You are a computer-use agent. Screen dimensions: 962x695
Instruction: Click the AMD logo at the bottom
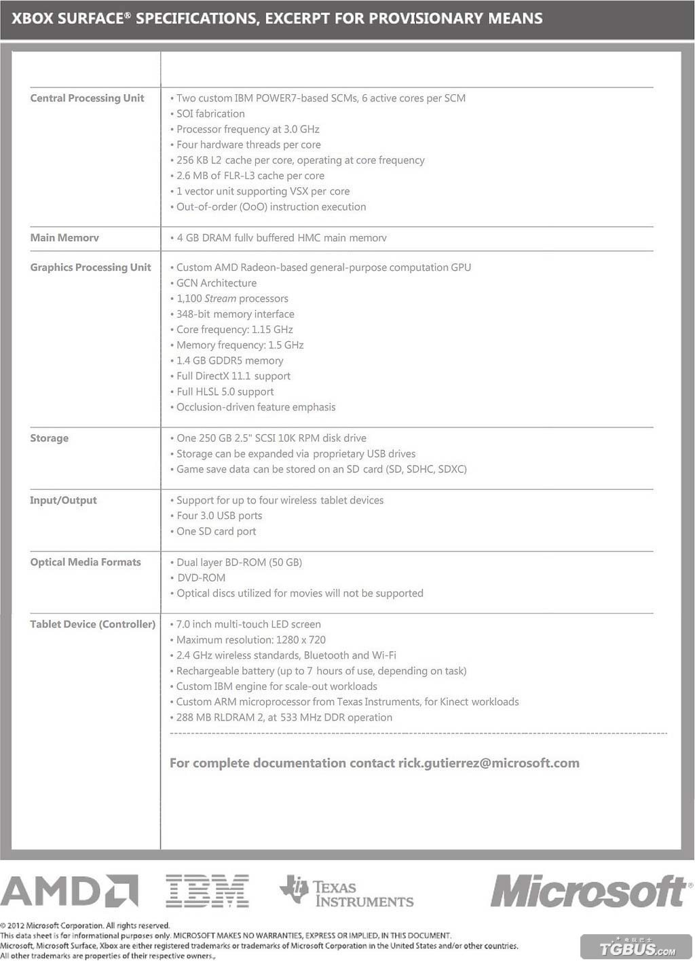point(70,891)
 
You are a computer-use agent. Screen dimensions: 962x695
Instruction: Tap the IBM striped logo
point(207,891)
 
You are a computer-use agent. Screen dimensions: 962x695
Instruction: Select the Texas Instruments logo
point(347,893)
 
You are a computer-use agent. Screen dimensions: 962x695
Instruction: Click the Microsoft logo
point(588,891)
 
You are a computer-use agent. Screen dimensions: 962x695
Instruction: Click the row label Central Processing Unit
point(87,98)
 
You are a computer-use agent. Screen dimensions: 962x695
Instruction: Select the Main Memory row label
point(64,237)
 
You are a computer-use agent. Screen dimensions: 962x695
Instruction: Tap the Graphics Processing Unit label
point(90,267)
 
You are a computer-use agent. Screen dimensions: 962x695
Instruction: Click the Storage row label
point(49,438)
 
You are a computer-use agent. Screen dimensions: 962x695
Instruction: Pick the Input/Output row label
point(63,500)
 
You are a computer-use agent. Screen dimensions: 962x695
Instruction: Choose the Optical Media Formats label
point(86,562)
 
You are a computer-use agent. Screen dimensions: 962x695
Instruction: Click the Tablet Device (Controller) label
point(92,624)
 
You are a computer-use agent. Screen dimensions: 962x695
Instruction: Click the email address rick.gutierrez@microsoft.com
point(489,763)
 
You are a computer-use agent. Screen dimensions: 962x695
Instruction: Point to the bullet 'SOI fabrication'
point(210,114)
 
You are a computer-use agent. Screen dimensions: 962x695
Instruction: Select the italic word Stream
point(220,299)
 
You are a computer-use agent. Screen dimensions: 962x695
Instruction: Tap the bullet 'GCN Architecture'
point(216,283)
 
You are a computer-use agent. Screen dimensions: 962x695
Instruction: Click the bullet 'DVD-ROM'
point(201,578)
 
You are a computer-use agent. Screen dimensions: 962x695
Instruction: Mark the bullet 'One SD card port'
point(216,531)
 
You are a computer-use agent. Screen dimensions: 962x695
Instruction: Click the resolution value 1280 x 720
point(301,640)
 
